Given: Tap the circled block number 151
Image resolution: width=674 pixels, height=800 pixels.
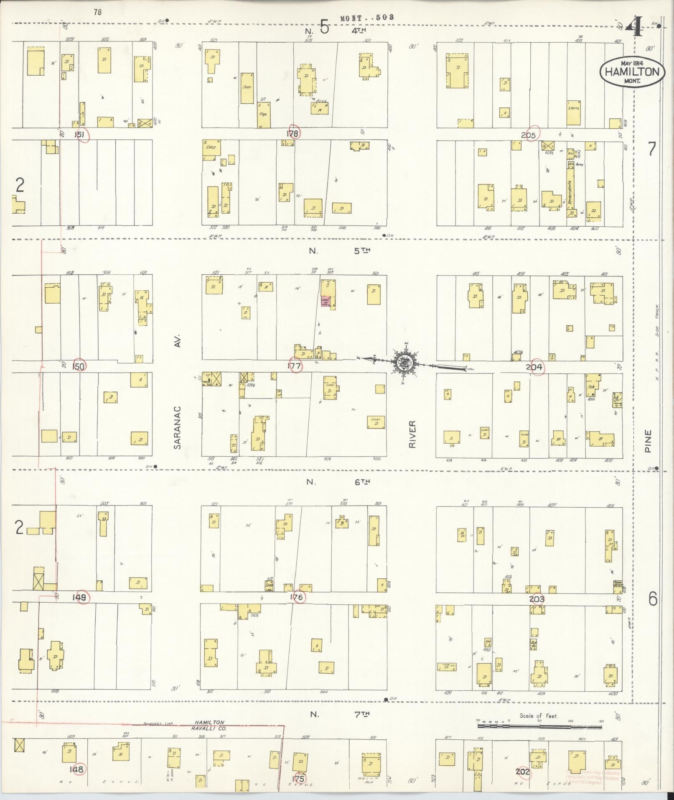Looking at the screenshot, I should pyautogui.click(x=80, y=135).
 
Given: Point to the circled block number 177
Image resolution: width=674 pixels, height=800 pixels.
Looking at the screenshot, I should pyautogui.click(x=295, y=366).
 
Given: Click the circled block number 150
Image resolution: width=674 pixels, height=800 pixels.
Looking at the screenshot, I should pyautogui.click(x=79, y=366).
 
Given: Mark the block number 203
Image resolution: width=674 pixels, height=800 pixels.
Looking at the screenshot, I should pyautogui.click(x=537, y=599).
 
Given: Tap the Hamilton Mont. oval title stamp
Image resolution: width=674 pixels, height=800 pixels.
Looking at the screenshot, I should pyautogui.click(x=632, y=72).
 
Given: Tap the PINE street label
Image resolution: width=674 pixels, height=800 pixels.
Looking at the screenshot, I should pyautogui.click(x=648, y=441).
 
